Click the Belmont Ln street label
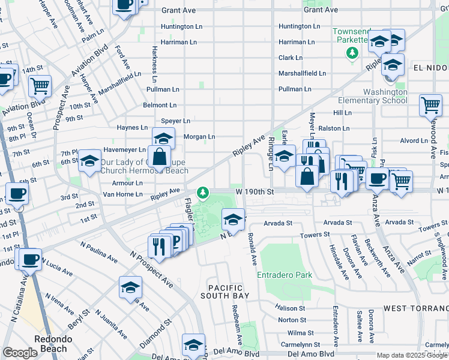(160, 105)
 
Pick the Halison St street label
(291, 308)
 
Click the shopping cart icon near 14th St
(40, 85)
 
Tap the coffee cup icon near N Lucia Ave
(29, 260)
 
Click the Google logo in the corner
(20, 353)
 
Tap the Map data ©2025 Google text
(412, 355)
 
